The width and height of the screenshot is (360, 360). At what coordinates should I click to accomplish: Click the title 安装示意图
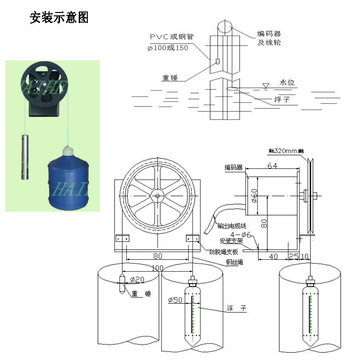click(x=59, y=18)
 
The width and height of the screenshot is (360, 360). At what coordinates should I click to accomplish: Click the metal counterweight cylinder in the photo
click(x=26, y=157)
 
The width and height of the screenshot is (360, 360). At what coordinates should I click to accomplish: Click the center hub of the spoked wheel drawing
click(x=157, y=195)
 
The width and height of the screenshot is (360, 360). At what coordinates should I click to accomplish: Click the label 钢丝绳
click(x=235, y=263)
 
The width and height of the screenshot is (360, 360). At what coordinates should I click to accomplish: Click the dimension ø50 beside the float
click(x=175, y=300)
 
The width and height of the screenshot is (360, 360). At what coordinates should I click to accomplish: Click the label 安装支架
click(x=231, y=241)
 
